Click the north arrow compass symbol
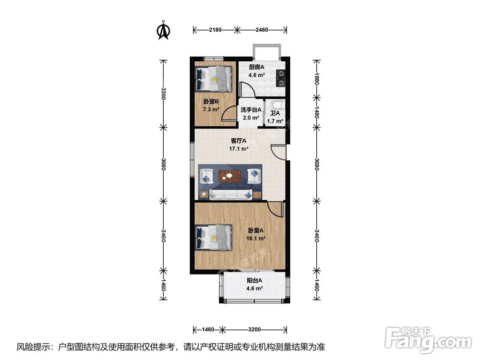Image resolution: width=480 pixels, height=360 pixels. tap(164, 30)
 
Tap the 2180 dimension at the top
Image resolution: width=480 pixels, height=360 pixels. tap(215, 30)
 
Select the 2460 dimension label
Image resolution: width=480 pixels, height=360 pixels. tap(262, 30)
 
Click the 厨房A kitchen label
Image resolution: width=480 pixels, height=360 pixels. tap(256, 67)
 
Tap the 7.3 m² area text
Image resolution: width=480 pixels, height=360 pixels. tap(211, 109)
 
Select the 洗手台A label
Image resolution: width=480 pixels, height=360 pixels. tap(251, 109)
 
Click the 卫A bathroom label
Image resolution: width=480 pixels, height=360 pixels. tap(275, 113)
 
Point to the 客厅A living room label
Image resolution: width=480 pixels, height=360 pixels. tap(239, 141)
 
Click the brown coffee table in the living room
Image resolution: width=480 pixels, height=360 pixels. tap(230, 176)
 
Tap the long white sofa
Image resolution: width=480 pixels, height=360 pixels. tap(230, 194)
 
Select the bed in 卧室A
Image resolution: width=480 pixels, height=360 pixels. tap(214, 238)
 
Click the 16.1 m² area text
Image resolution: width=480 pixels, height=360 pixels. tap(256, 239)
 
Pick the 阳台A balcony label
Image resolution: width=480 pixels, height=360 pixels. tap(254, 280)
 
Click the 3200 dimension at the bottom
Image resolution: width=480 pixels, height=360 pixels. tap(254, 330)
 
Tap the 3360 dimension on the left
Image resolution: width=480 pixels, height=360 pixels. tap(164, 94)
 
